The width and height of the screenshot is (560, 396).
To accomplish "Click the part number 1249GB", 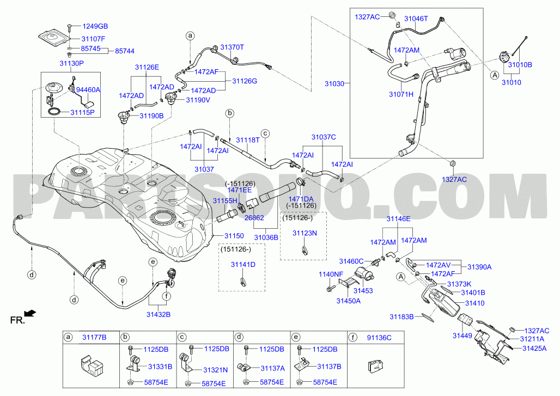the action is tap(95, 27).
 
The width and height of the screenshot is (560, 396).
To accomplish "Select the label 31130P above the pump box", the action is tap(71, 64).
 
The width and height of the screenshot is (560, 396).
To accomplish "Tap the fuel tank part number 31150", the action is tap(234, 236).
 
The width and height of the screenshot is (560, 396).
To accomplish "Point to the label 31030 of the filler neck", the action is tap(334, 84).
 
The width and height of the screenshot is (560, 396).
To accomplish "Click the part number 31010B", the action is tap(520, 65).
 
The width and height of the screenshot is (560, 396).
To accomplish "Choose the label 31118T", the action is tap(248, 140).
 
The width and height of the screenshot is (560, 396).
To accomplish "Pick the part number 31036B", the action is tap(266, 237).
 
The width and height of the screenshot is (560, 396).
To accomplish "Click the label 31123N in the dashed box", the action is tap(305, 233).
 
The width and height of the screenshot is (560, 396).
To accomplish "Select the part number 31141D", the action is tap(243, 265).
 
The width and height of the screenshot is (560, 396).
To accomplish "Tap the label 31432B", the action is tap(158, 315).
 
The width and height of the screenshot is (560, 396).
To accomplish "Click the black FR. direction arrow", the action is tap(31, 313).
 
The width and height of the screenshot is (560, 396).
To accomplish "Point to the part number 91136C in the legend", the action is tap(379, 338).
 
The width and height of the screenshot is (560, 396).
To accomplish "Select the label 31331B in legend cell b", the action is tap(160, 367).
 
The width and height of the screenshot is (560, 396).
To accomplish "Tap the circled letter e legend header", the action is tap(296, 337).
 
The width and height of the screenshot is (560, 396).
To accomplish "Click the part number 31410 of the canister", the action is tap(474, 303).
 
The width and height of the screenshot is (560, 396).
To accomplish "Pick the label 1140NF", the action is tap(331, 275).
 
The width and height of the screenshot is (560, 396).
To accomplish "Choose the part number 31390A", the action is tap(479, 267).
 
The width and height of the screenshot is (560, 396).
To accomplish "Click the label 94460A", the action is tap(88, 90).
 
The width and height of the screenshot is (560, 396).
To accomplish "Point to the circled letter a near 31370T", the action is tap(190, 36).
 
